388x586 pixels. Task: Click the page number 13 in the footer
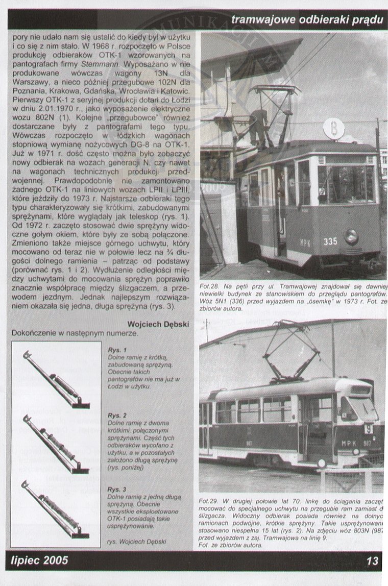click(x=372, y=561)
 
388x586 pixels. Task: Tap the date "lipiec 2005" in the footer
click(x=39, y=561)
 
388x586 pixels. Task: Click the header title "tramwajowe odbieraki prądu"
click(x=306, y=20)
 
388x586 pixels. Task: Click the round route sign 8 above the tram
click(x=334, y=127)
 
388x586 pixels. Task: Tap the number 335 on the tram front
click(x=330, y=241)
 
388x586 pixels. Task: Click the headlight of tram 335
click(x=351, y=236)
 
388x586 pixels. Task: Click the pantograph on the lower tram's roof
click(x=291, y=352)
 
